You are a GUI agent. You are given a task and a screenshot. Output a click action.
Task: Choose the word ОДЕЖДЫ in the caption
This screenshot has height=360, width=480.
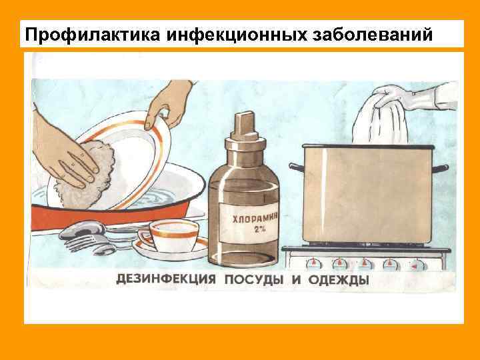(x=338, y=279)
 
